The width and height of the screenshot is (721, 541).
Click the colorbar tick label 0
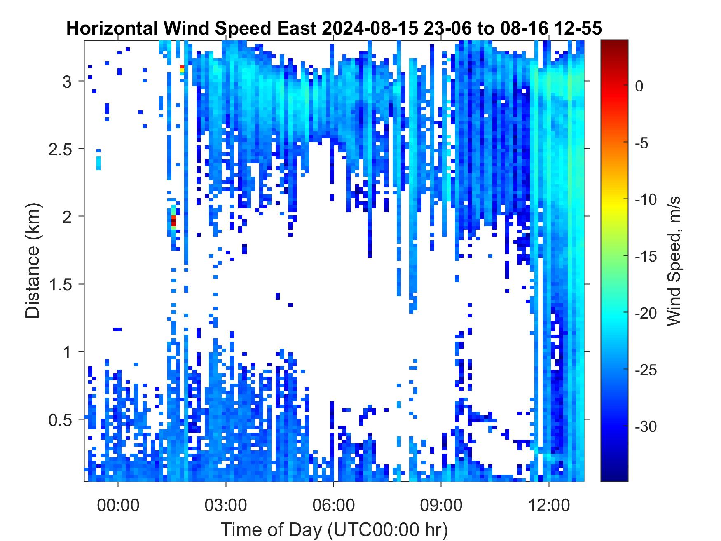[639, 87]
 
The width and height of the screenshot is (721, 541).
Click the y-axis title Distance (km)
[33, 260]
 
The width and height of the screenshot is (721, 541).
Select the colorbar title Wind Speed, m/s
[672, 260]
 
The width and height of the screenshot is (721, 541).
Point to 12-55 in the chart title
[578, 29]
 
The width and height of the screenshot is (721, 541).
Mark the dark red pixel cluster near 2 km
[173, 221]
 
